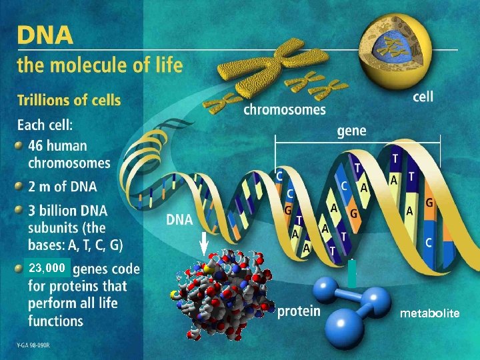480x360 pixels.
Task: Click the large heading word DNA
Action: (x=45, y=35)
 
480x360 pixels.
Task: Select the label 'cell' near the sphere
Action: (x=423, y=97)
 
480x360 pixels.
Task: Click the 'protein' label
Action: (x=298, y=311)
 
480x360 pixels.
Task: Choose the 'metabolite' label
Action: (x=429, y=313)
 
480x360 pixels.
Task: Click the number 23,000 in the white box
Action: (x=47, y=268)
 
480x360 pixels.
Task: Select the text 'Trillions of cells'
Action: (x=69, y=101)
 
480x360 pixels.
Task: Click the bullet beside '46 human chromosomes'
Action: (x=21, y=145)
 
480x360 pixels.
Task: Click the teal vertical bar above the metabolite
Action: (x=352, y=274)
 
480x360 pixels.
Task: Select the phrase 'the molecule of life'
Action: (x=100, y=66)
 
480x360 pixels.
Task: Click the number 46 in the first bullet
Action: (x=36, y=145)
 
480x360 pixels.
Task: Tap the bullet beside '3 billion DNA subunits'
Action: (x=21, y=211)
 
